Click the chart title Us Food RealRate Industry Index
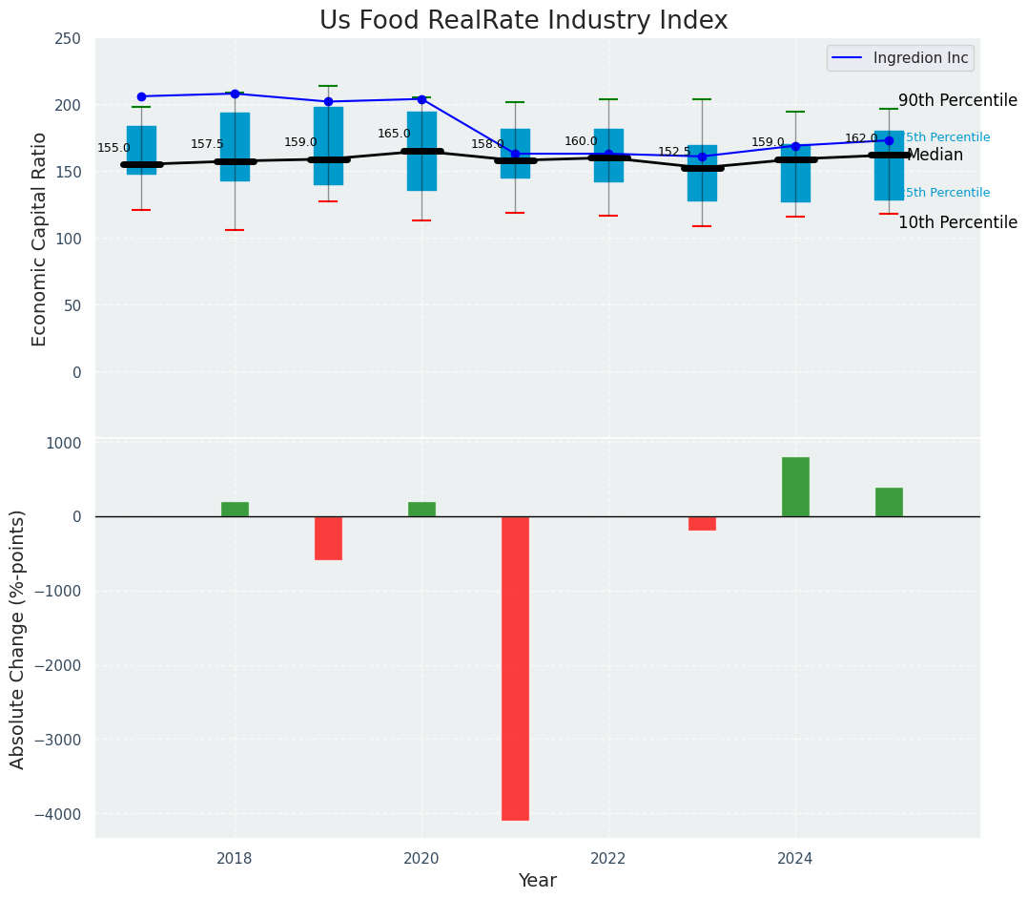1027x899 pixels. tap(524, 21)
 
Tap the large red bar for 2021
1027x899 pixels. tap(515, 668)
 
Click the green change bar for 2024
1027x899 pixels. tap(795, 487)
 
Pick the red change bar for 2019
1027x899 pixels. tap(328, 538)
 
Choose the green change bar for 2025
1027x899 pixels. tap(889, 502)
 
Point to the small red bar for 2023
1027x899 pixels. tap(702, 523)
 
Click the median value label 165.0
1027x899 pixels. tap(394, 135)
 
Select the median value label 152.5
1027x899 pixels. tap(674, 152)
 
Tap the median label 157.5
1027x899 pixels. tap(207, 144)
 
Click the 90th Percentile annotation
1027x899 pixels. tap(957, 100)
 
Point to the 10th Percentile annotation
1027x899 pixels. tap(957, 222)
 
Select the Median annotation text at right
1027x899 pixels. tap(935, 155)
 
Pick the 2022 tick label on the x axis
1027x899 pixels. tap(608, 858)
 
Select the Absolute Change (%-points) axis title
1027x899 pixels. tap(18, 638)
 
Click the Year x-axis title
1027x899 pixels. tap(537, 880)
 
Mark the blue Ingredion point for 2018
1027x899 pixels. tap(235, 94)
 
